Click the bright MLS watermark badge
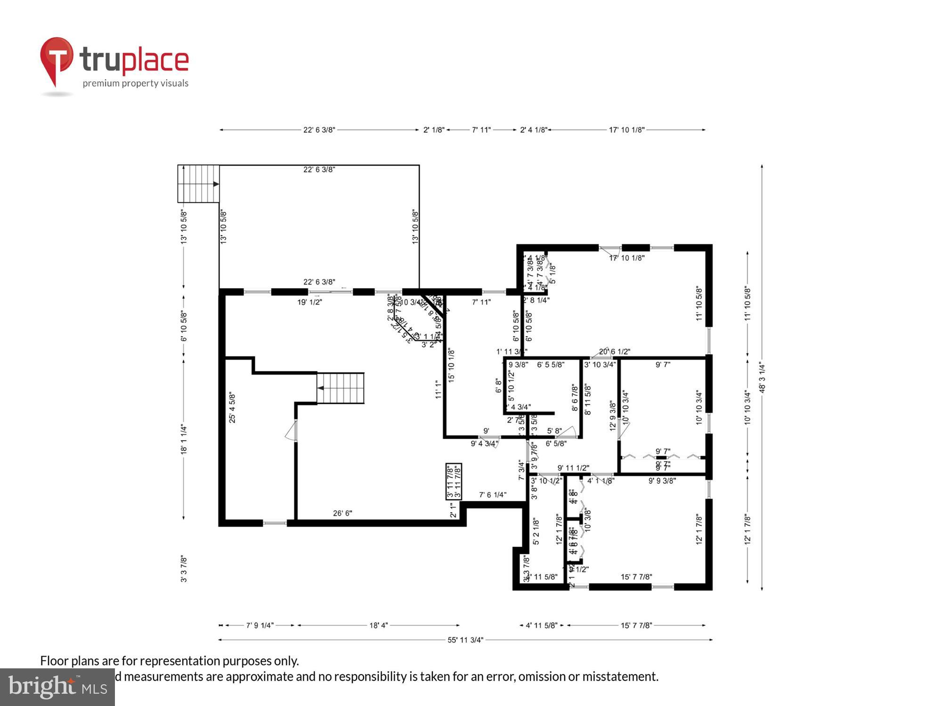pos(57,687)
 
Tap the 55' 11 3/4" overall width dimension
pos(465,640)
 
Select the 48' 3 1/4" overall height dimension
pos(762,377)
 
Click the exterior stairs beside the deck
pos(198,184)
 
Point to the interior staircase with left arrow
pos(341,388)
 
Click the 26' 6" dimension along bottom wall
pos(342,513)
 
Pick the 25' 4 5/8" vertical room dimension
pos(232,408)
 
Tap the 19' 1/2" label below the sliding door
pos(309,302)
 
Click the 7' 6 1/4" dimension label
pos(492,495)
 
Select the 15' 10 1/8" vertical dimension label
pos(451,365)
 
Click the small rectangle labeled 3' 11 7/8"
pos(454,481)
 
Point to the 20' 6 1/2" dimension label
pos(615,352)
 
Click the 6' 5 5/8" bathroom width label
pos(551,364)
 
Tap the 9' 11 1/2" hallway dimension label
pos(573,468)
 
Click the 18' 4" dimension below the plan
pos(378,626)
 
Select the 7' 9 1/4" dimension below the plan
pos(260,626)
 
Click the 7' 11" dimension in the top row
pos(481,130)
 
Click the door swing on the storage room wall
pos(291,431)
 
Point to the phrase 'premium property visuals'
pos(136,83)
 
